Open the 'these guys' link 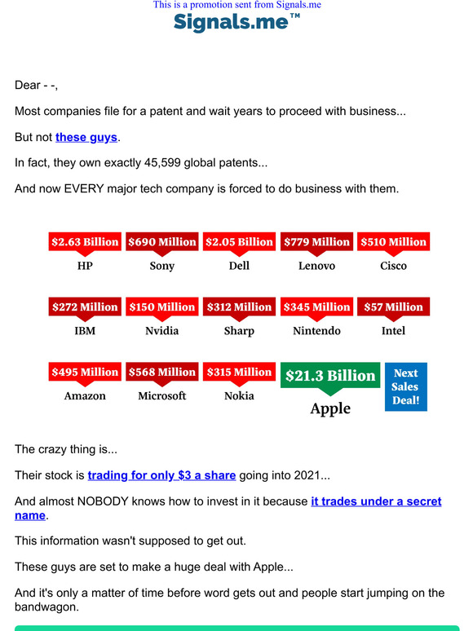(x=86, y=137)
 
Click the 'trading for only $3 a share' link (x=161, y=475)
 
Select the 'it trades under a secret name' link (x=376, y=501)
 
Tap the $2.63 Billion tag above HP (x=85, y=242)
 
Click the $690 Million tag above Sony (x=161, y=242)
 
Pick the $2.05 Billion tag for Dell (x=239, y=242)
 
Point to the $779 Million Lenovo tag (x=316, y=242)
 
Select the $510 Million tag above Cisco (x=393, y=242)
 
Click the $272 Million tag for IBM (x=85, y=307)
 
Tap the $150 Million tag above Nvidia (x=161, y=307)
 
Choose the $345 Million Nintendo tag (x=316, y=307)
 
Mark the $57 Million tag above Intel (x=393, y=307)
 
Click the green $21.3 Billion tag (x=330, y=376)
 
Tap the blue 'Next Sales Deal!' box (x=405, y=386)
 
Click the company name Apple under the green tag (x=330, y=408)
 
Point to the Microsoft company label (x=161, y=396)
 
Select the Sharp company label (x=239, y=331)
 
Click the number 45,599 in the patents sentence (x=166, y=162)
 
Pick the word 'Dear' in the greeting (x=29, y=85)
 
